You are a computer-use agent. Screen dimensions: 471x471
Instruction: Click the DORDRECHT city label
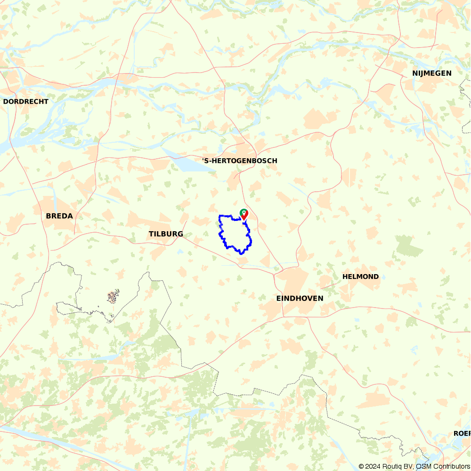click(26, 101)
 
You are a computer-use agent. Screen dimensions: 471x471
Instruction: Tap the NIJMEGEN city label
click(432, 73)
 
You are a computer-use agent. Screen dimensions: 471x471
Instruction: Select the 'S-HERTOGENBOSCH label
click(240, 161)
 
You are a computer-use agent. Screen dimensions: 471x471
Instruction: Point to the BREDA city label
click(59, 216)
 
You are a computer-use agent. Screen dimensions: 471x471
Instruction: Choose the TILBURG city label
click(166, 234)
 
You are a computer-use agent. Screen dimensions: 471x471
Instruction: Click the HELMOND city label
click(360, 276)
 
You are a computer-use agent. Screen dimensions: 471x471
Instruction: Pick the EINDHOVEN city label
click(300, 298)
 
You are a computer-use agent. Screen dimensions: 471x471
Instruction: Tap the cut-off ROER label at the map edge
click(462, 433)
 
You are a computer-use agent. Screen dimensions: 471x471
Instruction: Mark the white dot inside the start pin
click(244, 212)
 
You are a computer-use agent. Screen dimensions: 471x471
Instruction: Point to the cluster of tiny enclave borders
click(113, 297)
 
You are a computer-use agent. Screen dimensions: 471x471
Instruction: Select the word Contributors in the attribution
click(449, 466)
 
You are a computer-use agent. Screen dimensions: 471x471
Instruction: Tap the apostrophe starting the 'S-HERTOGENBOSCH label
click(203, 160)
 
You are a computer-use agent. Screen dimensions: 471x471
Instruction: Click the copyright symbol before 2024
click(361, 466)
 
